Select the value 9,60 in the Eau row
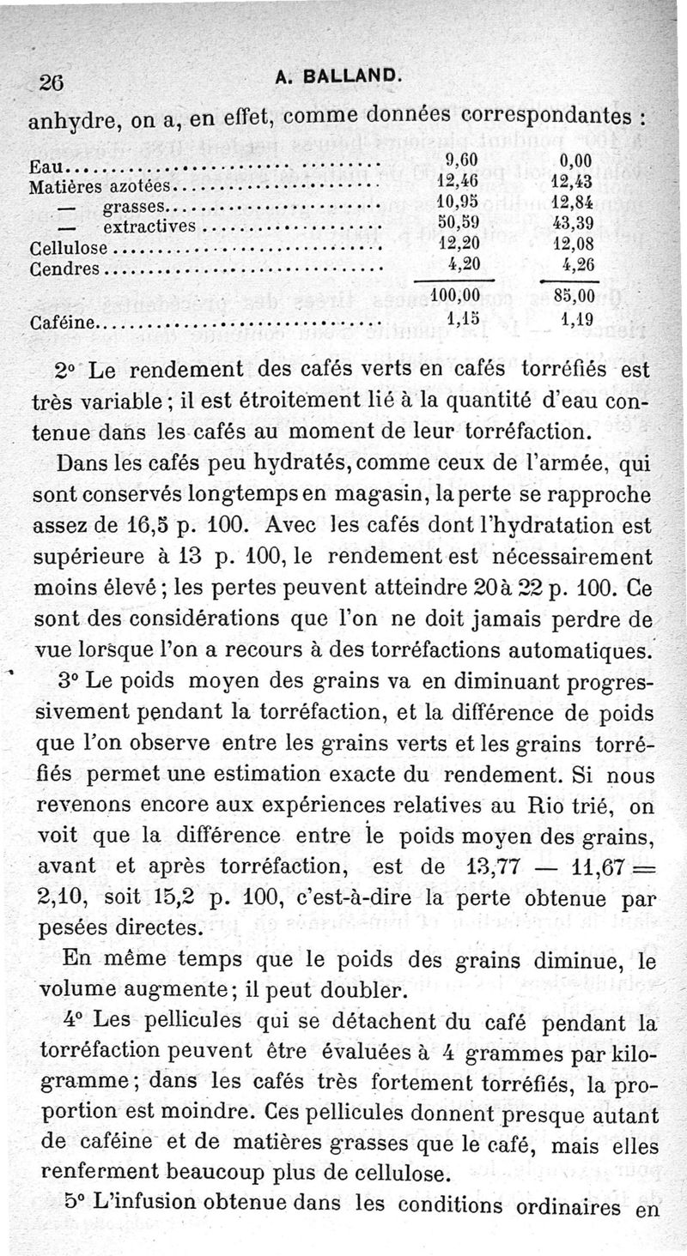462,160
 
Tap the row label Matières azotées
101,185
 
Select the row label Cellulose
69,249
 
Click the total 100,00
455,296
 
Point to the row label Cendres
64,269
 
